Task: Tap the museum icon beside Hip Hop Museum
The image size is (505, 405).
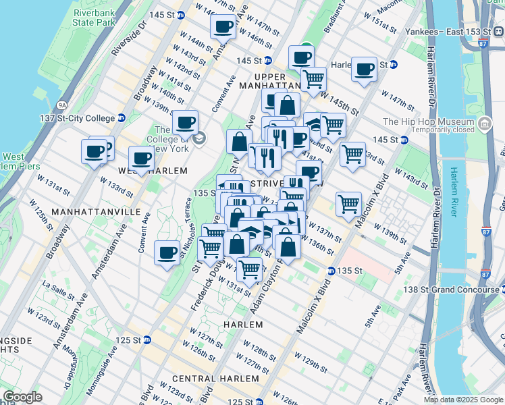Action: tap(485, 123)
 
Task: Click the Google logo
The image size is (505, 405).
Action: tap(23, 396)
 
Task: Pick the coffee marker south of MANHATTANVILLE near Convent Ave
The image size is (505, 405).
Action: tap(167, 254)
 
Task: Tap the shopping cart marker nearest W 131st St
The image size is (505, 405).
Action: tap(249, 270)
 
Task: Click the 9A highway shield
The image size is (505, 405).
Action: tap(63, 105)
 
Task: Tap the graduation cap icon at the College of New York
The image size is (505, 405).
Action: tap(198, 138)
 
